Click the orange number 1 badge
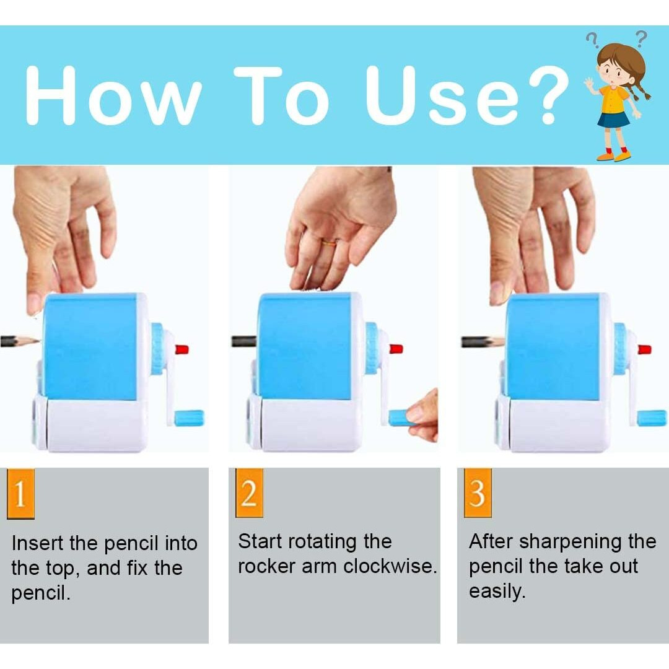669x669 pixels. point(20,493)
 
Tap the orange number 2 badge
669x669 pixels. point(249,493)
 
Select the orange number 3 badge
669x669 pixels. point(478,493)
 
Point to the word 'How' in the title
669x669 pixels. point(113,95)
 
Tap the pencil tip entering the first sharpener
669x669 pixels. point(35,341)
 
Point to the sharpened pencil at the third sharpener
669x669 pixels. point(483,342)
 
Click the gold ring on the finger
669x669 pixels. point(329,243)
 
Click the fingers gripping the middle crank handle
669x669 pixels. point(423,416)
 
